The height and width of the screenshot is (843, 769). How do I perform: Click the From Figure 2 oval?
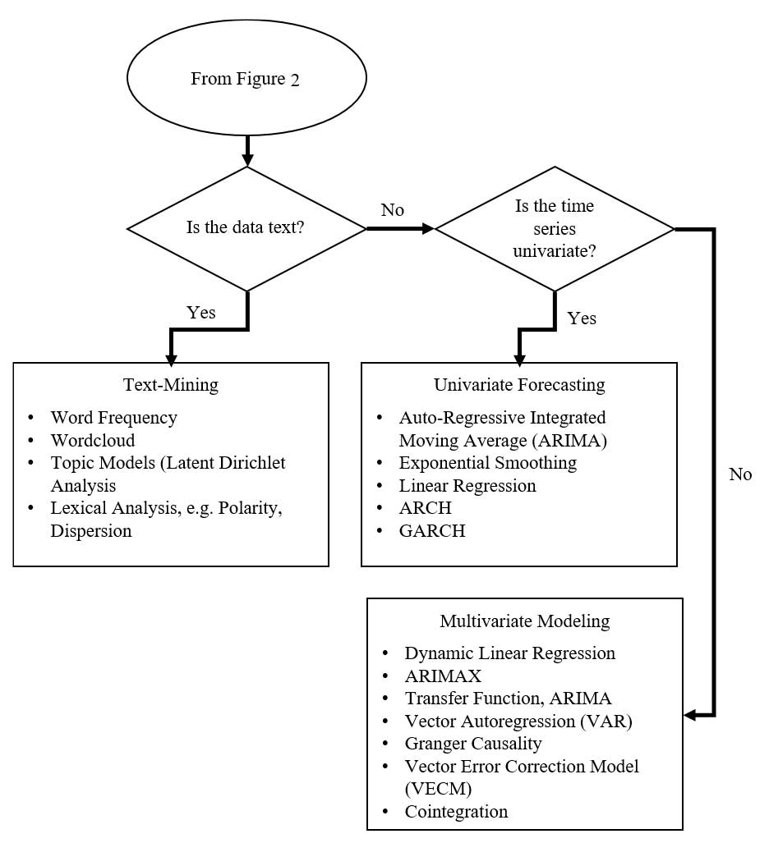(246, 79)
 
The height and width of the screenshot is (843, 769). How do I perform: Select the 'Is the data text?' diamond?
(246, 227)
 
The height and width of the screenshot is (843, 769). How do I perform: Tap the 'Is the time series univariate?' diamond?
(555, 229)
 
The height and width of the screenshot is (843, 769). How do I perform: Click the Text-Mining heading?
(171, 384)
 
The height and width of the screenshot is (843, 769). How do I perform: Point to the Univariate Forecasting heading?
(519, 384)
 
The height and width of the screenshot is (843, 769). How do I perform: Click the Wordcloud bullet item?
(93, 440)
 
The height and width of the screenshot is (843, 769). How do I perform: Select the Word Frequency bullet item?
(113, 417)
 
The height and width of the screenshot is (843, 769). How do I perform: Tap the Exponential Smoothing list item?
(488, 462)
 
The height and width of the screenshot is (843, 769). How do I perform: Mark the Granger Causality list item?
(473, 743)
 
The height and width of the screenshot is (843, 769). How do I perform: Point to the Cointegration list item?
(456, 811)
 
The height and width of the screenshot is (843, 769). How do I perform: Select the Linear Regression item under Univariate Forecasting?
(467, 485)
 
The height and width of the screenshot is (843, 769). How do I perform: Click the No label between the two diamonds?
(393, 210)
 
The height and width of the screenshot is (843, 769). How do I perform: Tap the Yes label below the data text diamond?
(201, 312)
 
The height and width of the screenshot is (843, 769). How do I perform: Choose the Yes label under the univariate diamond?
(582, 318)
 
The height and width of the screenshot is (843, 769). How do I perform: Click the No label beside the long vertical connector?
(740, 474)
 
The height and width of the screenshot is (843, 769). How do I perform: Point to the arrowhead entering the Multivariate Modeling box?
(690, 716)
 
